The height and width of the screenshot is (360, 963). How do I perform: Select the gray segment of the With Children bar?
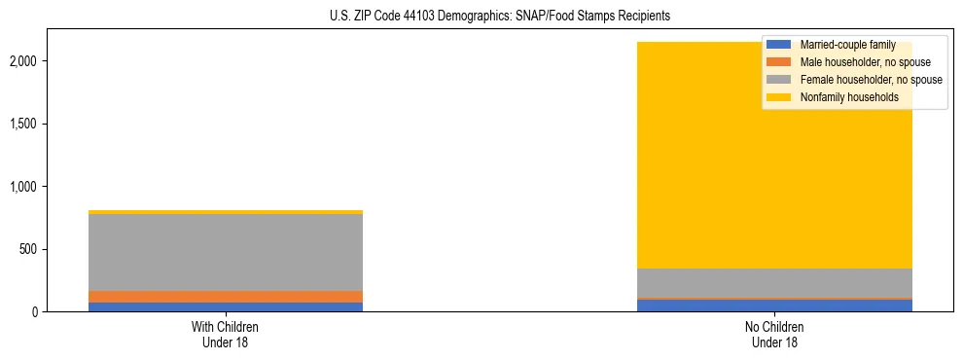coord(226,252)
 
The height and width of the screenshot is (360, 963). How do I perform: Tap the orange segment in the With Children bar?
coord(226,296)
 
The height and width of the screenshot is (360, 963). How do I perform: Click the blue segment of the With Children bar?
coord(226,306)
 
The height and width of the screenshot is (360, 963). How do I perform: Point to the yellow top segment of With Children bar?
coord(226,212)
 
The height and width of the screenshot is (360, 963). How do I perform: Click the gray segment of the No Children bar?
coord(774,283)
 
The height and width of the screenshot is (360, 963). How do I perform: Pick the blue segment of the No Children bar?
coord(774,306)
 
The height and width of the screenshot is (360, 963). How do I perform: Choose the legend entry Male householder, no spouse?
coord(856,62)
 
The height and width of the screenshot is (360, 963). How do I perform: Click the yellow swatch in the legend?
coord(779,97)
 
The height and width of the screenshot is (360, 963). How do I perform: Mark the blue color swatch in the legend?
coord(779,45)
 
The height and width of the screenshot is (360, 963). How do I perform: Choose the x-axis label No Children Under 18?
coord(774,335)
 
